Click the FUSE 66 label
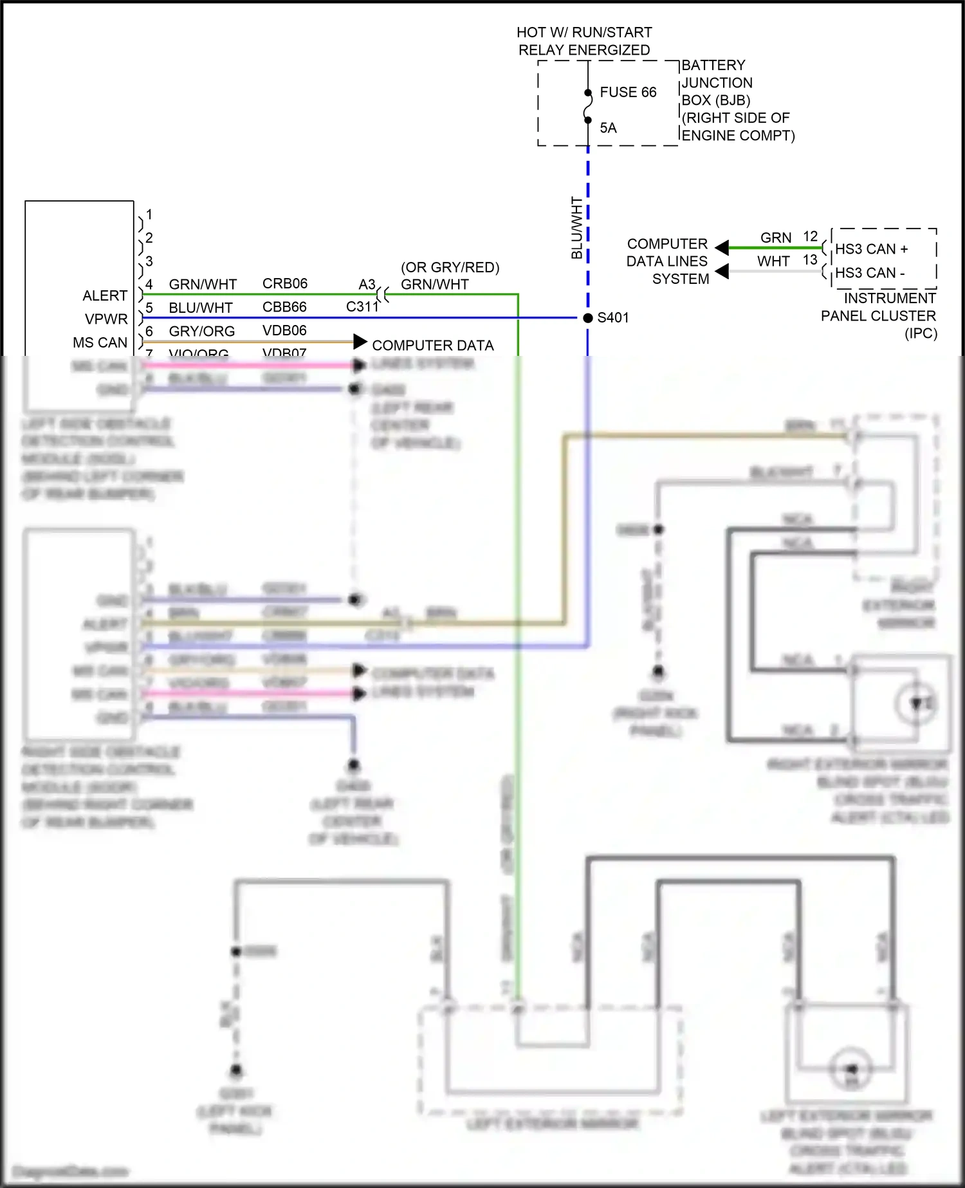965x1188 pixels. [627, 92]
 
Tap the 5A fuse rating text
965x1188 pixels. [608, 128]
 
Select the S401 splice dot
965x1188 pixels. [587, 318]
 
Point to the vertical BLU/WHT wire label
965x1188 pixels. [576, 228]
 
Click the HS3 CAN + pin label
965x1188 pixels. [871, 249]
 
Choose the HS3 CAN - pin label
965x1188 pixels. [869, 273]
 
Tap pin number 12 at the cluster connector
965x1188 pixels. [810, 237]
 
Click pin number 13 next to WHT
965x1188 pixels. [810, 260]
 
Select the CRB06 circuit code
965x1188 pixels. [284, 284]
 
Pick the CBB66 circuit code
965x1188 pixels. [284, 307]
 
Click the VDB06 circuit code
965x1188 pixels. [284, 331]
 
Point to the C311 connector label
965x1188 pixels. [362, 307]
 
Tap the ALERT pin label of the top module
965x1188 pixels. [105, 295]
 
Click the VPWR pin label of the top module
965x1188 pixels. [106, 319]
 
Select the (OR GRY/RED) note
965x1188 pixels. [450, 267]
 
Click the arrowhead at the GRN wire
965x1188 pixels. [722, 248]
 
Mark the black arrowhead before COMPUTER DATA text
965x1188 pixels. [360, 342]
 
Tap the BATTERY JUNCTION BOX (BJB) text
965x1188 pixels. [716, 82]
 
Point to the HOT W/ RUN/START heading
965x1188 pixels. [584, 32]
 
